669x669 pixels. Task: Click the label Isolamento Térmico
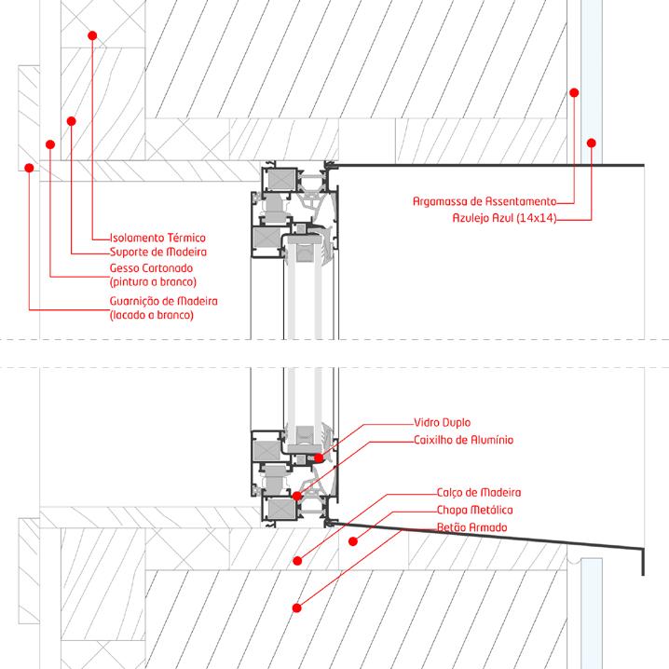coord(157,238)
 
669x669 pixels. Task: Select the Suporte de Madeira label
coord(157,252)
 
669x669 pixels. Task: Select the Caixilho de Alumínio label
coord(462,440)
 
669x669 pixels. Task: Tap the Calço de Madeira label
coord(478,492)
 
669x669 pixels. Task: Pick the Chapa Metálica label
coord(474,511)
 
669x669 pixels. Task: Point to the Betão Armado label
coord(471,528)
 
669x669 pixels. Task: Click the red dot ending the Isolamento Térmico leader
coord(92,35)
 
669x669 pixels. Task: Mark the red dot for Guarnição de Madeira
coord(30,169)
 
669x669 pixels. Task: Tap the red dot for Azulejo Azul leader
coord(590,143)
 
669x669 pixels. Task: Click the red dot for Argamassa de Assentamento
coord(574,92)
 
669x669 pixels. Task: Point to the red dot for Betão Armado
coord(296,608)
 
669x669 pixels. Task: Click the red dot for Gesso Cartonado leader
coord(50,144)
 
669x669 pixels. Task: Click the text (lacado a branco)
coord(151,315)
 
